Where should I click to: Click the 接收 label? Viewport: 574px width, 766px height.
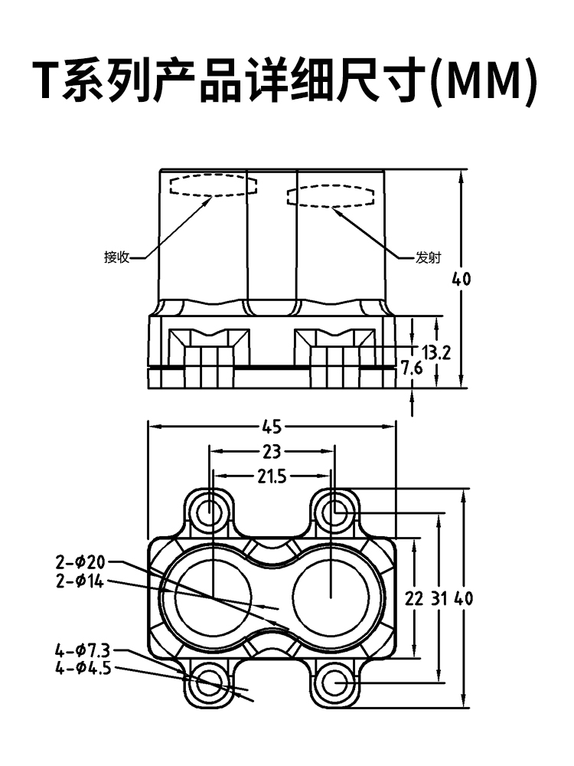click(x=116, y=257)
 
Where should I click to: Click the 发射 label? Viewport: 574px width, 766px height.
click(x=428, y=257)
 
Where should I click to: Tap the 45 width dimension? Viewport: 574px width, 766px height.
click(x=272, y=427)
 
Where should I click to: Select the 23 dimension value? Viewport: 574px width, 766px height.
click(x=272, y=451)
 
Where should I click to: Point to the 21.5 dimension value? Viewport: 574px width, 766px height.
click(x=272, y=476)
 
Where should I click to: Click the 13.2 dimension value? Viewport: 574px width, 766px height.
click(x=436, y=352)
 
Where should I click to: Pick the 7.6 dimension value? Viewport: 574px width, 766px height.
click(x=412, y=368)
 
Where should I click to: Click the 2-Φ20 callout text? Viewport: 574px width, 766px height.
click(x=80, y=562)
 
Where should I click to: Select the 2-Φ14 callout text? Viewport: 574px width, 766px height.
click(x=80, y=581)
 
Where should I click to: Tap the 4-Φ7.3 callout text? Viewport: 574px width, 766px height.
click(x=83, y=650)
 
